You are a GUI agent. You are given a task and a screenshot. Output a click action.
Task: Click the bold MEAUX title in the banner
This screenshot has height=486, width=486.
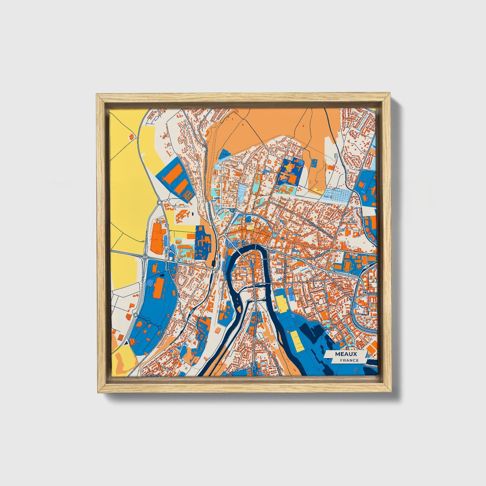(x=346, y=354)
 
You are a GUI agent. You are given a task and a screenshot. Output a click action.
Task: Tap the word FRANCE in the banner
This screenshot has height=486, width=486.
(x=349, y=360)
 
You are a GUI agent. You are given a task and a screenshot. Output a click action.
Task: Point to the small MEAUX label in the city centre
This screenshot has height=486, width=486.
(x=242, y=242)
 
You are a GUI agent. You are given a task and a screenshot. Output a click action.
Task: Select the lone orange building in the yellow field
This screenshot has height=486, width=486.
(x=131, y=136)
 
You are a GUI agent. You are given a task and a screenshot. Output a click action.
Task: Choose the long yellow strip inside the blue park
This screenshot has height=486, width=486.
(x=295, y=340)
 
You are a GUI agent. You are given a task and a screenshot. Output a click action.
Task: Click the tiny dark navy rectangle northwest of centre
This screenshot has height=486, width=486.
(x=193, y=213)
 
